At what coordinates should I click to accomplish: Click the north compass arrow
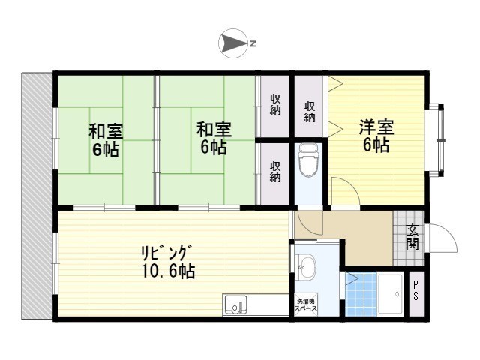click(x=233, y=44)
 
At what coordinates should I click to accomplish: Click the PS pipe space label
click(x=416, y=289)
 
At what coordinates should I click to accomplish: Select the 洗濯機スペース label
click(x=306, y=304)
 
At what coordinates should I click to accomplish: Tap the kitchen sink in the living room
click(x=235, y=306)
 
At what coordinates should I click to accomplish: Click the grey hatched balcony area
click(x=37, y=196)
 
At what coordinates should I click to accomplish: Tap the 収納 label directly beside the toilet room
click(x=275, y=172)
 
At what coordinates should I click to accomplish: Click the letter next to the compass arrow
click(x=253, y=44)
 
